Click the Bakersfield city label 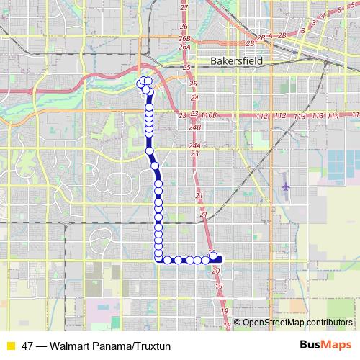tap(238, 62)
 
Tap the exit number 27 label tap(184, 7)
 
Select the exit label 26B tap(184, 38)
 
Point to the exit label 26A tap(184, 47)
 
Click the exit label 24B tap(194, 127)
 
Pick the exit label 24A tap(194, 145)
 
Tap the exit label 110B tap(209, 115)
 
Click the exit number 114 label tap(333, 116)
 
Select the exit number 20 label tap(216, 270)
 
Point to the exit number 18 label tap(227, 326)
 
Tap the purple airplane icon tap(286, 186)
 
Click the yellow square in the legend tap(10, 345)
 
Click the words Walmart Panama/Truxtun tap(112, 345)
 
